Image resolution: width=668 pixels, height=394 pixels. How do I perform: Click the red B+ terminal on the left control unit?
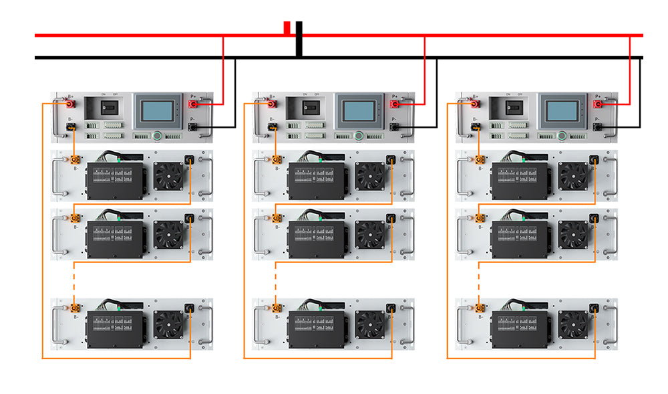(69, 104)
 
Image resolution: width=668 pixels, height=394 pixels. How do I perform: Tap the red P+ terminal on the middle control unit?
(395, 104)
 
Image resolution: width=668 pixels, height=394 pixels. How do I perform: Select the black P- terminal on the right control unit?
(598, 126)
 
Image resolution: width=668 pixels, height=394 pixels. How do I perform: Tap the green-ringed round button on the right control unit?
(562, 136)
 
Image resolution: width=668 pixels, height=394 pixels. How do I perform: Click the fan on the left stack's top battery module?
(168, 176)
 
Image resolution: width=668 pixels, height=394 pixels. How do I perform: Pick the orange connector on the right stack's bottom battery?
(479, 308)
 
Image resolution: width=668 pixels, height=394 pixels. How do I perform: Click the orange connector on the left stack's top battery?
(75, 161)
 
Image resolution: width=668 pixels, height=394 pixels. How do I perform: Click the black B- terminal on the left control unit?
(69, 127)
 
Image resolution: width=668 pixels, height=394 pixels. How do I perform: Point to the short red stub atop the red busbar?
(287, 27)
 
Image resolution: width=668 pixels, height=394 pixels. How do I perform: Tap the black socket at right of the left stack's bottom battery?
(190, 308)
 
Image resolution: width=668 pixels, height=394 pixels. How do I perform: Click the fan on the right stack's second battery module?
(572, 234)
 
